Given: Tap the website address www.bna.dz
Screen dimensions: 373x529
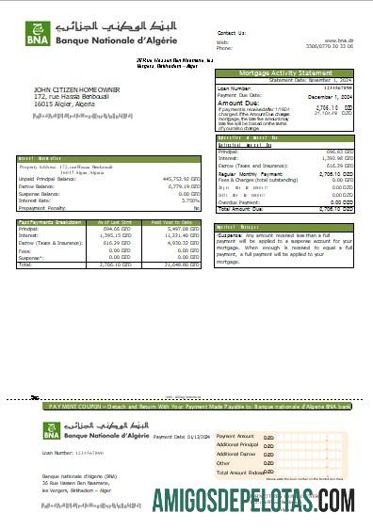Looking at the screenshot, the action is [x=339, y=40].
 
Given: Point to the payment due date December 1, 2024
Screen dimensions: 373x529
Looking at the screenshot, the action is [x=332, y=96].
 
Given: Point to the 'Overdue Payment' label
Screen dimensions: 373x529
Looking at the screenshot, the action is [x=240, y=201].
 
